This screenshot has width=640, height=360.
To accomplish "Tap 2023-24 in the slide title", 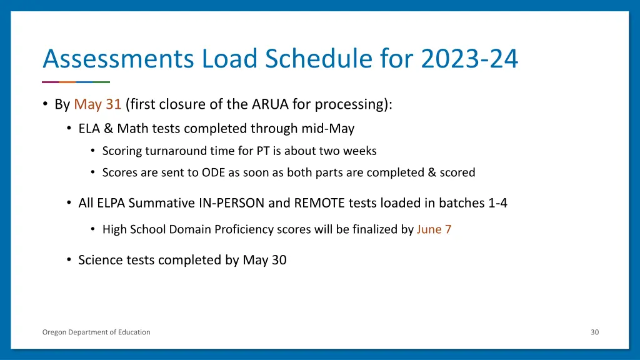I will click(469, 59).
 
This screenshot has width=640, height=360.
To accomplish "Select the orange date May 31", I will click(97, 104).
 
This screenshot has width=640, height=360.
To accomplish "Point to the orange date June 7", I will click(434, 229).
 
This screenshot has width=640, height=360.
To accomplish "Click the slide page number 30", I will click(594, 332).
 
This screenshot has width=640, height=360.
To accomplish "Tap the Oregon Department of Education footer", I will click(96, 332).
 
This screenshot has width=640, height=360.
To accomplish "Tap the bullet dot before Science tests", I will click(69, 260).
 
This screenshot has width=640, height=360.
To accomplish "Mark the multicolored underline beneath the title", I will click(76, 82).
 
